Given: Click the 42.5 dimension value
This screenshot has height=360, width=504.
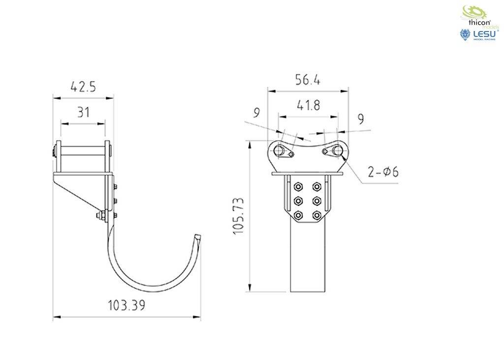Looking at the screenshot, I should click(83, 87).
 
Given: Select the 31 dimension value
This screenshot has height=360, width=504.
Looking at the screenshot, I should click(83, 112).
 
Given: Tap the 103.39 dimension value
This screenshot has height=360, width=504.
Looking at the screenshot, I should click(126, 305).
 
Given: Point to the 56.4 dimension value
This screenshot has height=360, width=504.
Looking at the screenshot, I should click(308, 80).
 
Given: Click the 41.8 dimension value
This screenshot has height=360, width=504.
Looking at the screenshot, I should click(308, 105).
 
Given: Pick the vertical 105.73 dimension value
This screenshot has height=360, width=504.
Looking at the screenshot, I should click(239, 216).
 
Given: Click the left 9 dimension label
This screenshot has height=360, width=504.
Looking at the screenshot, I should click(256, 113).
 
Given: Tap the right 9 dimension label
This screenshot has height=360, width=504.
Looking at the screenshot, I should click(361, 119).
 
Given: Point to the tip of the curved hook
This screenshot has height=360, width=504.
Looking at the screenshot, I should click(198, 238).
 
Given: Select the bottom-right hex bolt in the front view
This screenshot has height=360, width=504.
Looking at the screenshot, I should click(317, 215).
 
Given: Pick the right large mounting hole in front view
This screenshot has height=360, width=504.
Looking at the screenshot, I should click(337, 150).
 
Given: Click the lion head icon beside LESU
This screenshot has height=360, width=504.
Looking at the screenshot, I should click(464, 34).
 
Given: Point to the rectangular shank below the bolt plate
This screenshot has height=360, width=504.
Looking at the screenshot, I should click(308, 256).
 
